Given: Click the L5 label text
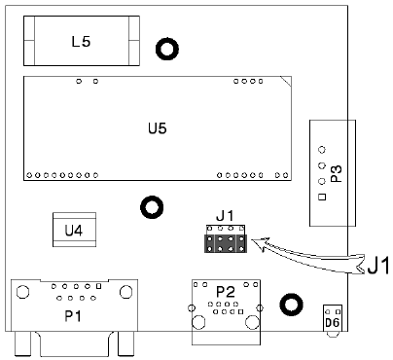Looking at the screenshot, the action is (81, 42).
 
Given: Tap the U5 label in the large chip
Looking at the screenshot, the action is (158, 128).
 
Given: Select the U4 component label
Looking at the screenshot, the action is (74, 231).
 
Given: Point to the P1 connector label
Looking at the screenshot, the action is (73, 315).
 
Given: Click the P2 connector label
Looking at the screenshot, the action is (226, 292).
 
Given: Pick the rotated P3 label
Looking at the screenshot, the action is (337, 174).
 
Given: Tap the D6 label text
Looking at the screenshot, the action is (332, 323).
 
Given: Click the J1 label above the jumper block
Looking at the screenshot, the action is (225, 216).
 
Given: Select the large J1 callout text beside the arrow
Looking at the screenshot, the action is (378, 267).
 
